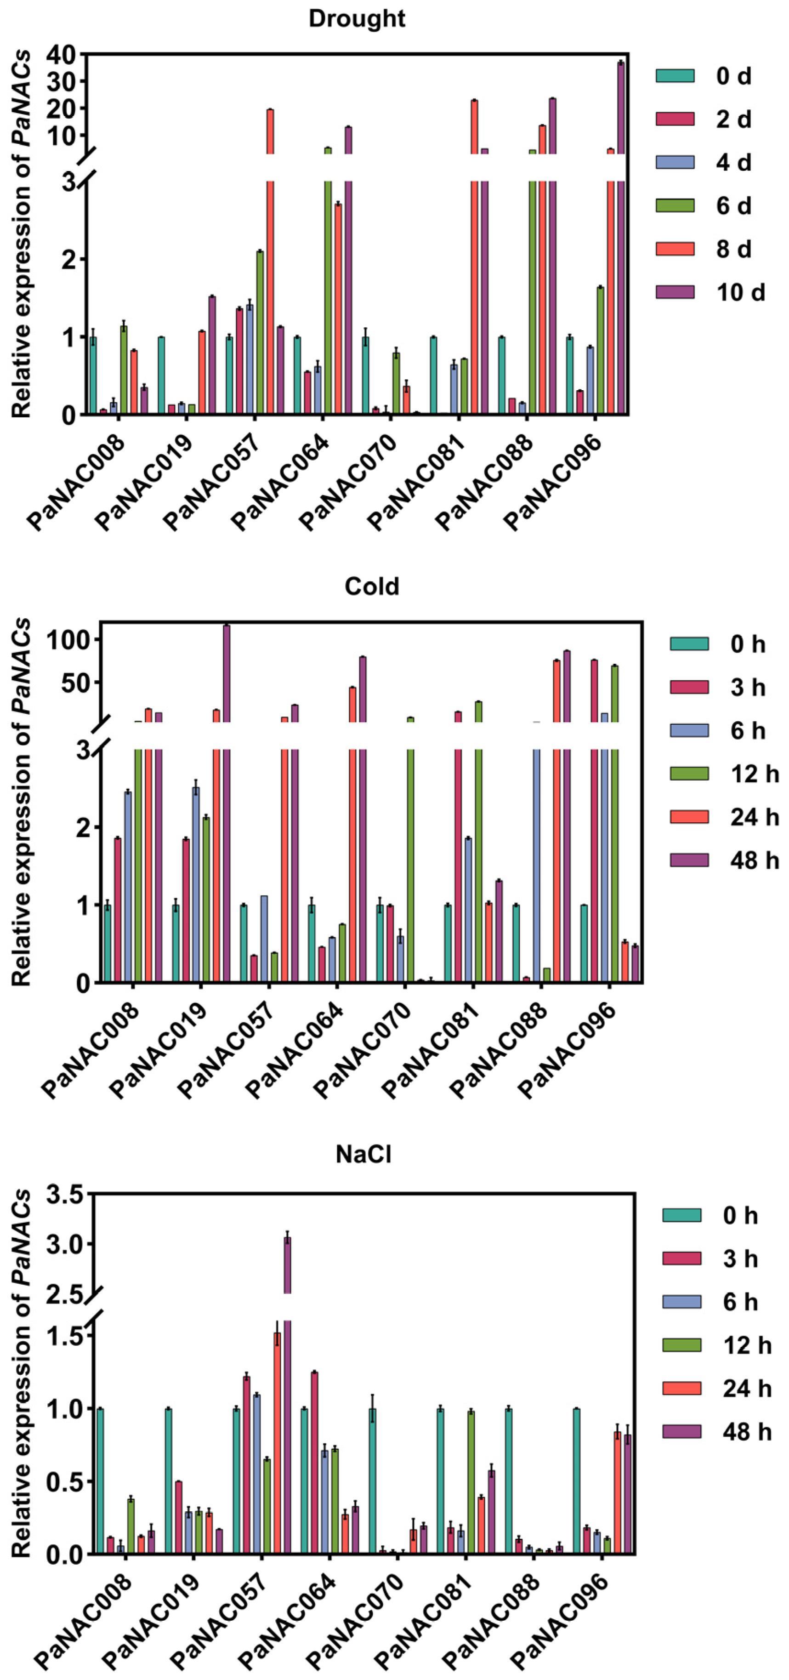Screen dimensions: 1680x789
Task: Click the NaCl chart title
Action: pos(363,1154)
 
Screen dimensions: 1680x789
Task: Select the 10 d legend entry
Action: pos(740,292)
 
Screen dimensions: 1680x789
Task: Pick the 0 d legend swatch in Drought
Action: pos(675,76)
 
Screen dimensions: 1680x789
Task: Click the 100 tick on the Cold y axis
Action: pos(67,640)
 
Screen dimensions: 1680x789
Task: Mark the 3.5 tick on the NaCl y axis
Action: pos(65,1195)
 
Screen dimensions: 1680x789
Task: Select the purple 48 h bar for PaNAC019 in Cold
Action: pos(226,802)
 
